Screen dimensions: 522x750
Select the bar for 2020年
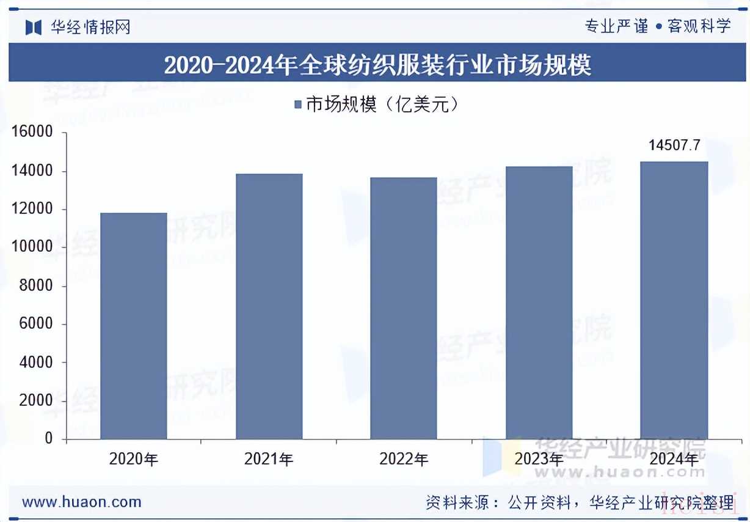(x=133, y=326)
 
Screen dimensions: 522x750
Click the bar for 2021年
(x=269, y=306)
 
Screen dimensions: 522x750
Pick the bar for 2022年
(x=403, y=308)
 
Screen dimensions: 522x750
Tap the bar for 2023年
(x=539, y=303)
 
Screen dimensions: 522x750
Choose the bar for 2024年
(x=674, y=300)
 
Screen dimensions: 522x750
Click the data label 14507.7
(x=674, y=145)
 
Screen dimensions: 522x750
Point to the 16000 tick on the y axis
(x=32, y=133)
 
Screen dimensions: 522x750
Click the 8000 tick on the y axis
(x=36, y=286)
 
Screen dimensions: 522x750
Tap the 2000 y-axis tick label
(x=36, y=401)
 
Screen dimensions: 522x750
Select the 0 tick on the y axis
(x=48, y=439)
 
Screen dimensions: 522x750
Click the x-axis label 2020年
(x=133, y=459)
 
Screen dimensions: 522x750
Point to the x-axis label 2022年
(x=403, y=459)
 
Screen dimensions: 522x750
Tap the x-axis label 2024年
(x=674, y=459)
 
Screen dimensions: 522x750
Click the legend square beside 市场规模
(x=298, y=105)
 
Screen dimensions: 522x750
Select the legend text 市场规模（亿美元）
(x=382, y=105)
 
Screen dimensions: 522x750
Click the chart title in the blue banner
(x=377, y=64)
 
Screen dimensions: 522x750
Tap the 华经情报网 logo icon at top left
(x=33, y=27)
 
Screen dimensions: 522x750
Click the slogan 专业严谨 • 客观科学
(x=657, y=26)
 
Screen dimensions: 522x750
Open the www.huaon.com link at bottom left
(x=82, y=502)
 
